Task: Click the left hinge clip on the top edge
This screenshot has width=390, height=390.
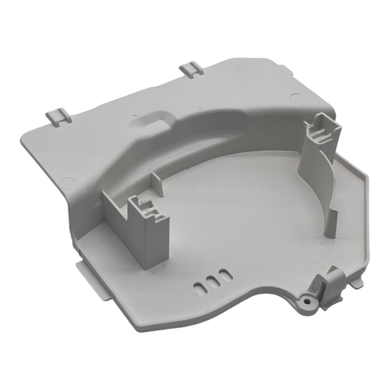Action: [x=58, y=117]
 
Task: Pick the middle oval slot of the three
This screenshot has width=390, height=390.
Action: [x=211, y=281]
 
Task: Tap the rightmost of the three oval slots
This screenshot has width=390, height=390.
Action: [x=223, y=275]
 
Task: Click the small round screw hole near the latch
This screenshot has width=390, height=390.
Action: [x=308, y=301]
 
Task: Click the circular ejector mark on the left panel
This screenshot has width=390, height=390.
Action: [x=65, y=183]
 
